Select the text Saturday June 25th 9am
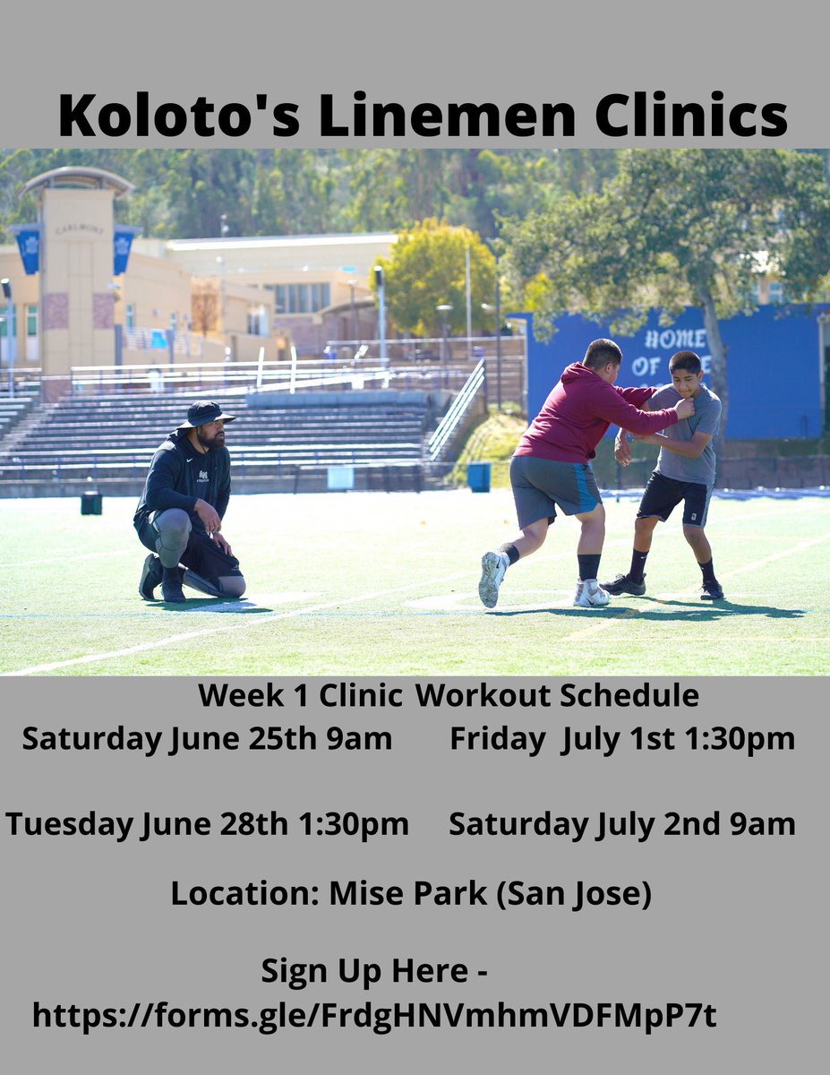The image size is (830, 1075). pyautogui.click(x=207, y=739)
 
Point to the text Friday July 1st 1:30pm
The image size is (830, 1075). pyautogui.click(x=622, y=739)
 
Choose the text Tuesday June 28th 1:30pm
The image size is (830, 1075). pyautogui.click(x=207, y=824)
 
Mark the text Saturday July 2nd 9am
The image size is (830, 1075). pyautogui.click(x=622, y=824)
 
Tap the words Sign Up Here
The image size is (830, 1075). pyautogui.click(x=364, y=971)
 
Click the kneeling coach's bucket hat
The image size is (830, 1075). pyautogui.click(x=204, y=414)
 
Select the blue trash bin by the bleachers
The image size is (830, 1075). pyautogui.click(x=479, y=477)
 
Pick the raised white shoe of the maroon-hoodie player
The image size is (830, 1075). pyautogui.click(x=492, y=578)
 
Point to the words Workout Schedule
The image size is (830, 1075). pyautogui.click(x=557, y=695)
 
